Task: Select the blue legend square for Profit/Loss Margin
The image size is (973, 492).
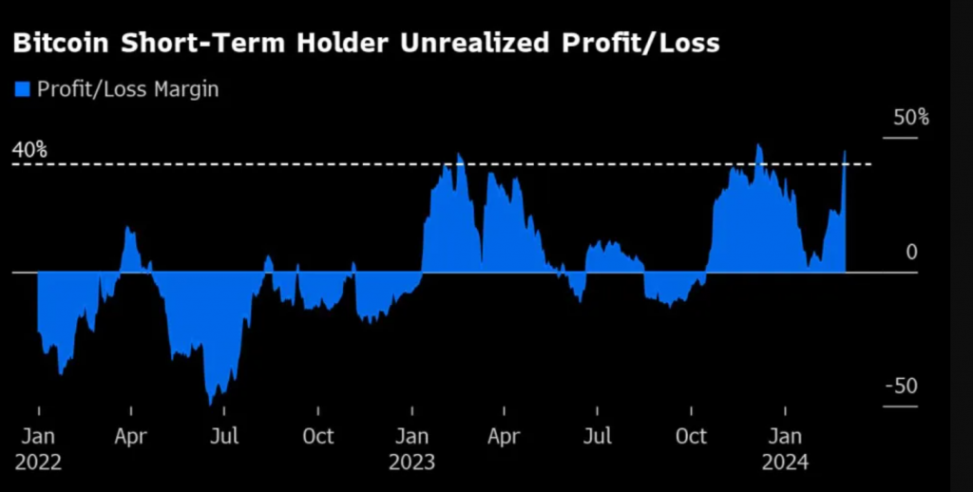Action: (22, 89)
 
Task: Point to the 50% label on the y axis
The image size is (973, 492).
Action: (910, 119)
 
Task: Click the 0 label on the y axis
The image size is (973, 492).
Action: (911, 253)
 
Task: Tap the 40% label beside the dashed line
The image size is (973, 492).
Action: (29, 150)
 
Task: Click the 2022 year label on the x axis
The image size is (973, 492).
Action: (38, 463)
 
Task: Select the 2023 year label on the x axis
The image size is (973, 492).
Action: (411, 463)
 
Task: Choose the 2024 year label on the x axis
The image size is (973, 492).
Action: (785, 463)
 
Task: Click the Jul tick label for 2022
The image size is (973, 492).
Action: (224, 437)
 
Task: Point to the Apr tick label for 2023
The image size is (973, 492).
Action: (504, 437)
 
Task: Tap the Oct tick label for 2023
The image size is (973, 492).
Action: (691, 437)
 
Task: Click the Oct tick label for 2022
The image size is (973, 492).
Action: (318, 437)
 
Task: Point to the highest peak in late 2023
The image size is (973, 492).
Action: (758, 146)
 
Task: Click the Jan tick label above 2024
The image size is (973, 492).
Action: (785, 437)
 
